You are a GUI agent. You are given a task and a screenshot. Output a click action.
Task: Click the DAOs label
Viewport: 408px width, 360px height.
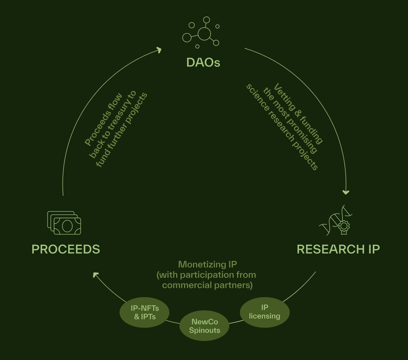coord(203,63)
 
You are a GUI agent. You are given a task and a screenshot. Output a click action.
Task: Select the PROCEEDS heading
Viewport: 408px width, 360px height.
coord(66,249)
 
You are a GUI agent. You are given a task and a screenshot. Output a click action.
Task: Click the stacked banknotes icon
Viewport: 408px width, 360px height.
coord(64,223)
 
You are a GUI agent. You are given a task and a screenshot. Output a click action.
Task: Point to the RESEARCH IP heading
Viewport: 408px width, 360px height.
coord(338,249)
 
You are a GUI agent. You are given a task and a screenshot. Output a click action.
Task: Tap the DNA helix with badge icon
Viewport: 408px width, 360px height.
coord(336,220)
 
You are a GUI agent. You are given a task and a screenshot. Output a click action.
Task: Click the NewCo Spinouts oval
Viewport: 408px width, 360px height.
coord(204,326)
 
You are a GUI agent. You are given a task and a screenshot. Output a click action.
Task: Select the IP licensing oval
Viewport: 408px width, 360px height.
coord(264,312)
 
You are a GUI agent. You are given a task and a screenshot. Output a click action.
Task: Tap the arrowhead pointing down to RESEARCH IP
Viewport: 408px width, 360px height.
coord(346,192)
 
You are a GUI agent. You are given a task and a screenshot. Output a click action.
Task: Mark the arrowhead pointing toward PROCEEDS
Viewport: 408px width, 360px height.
coord(95,275)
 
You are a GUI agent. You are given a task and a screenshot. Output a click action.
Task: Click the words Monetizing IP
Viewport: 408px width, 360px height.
coord(207,265)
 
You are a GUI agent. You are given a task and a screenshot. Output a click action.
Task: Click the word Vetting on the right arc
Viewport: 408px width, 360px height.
coord(284,94)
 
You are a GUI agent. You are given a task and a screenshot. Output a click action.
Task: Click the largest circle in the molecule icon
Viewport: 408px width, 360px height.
coord(204,34)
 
